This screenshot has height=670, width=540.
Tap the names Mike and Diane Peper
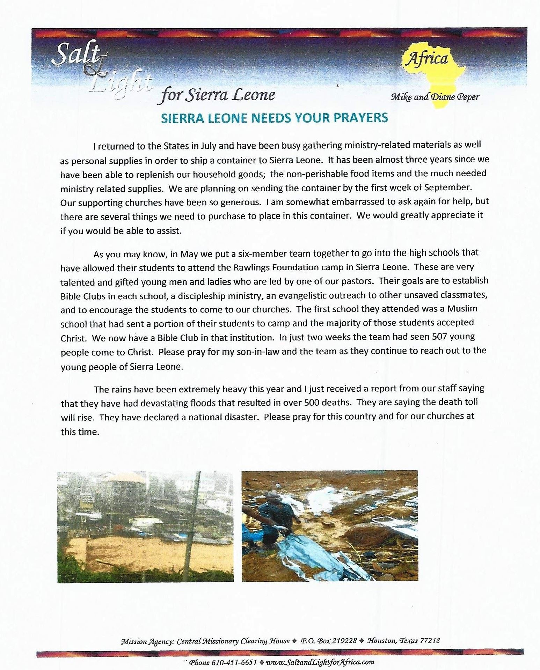[x=435, y=97]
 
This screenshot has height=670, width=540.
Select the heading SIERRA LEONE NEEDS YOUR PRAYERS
[x=274, y=118]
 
